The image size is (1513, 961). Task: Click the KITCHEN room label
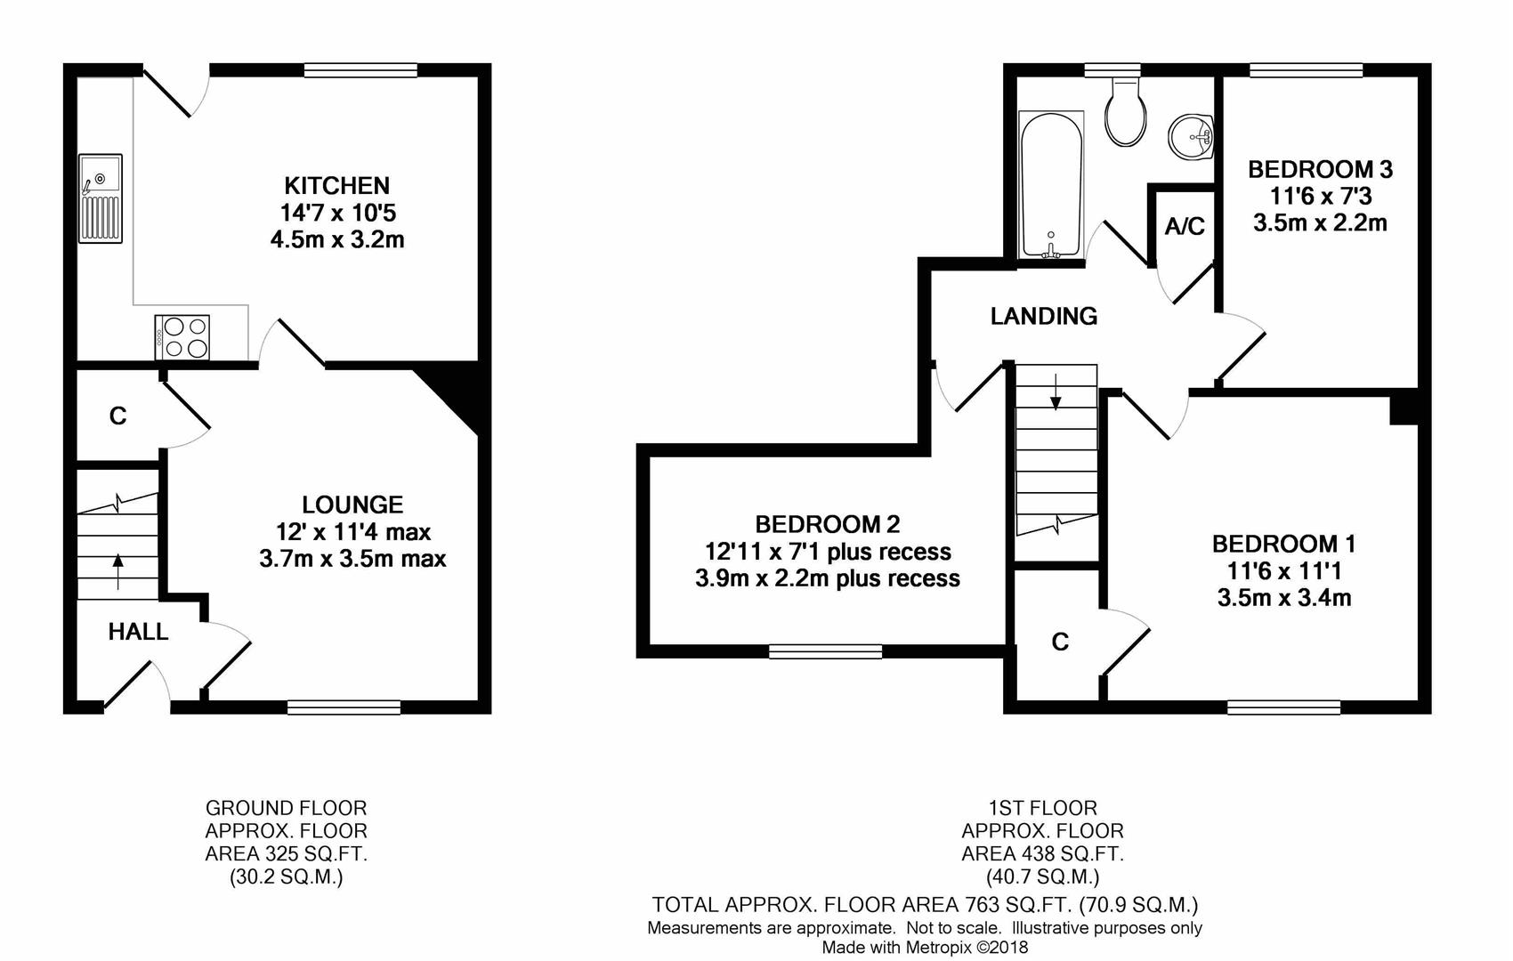click(x=336, y=186)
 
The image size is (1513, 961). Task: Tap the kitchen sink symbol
click(x=100, y=198)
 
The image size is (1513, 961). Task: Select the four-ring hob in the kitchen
click(x=182, y=337)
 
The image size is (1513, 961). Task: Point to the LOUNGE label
click(x=352, y=505)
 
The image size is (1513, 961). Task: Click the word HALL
click(x=138, y=632)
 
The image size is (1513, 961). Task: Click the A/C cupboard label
click(x=1185, y=227)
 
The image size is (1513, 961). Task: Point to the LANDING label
click(x=1043, y=316)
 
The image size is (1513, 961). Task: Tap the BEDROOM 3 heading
click(x=1320, y=169)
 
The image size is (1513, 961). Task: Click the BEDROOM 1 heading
click(x=1283, y=544)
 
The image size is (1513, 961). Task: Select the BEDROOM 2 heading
click(x=828, y=524)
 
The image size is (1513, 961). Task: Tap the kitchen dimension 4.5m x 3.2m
click(x=336, y=239)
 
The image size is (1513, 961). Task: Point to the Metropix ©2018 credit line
click(x=924, y=948)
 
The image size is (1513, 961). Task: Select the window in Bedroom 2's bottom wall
click(x=825, y=652)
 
